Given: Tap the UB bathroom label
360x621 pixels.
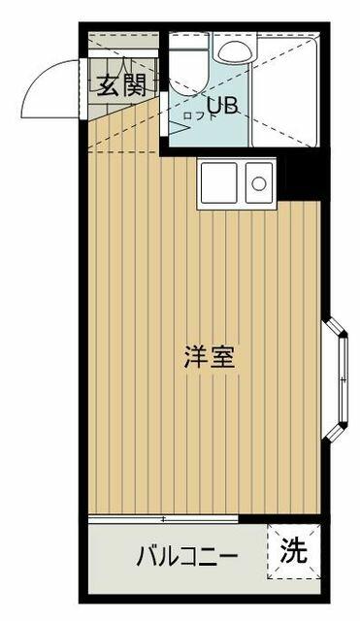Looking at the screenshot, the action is (x=222, y=106).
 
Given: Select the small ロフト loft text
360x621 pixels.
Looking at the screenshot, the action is (x=199, y=116).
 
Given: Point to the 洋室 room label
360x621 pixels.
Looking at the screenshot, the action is (x=210, y=356).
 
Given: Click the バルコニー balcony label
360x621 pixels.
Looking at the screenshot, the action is (x=187, y=557).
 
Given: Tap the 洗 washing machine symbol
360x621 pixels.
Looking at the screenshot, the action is (x=293, y=551).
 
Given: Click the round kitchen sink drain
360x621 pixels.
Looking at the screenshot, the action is (x=259, y=183).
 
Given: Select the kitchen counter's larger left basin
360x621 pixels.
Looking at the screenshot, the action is (x=219, y=182).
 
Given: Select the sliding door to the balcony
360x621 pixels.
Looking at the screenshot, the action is (x=163, y=519).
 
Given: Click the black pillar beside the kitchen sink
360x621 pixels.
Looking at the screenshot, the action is (x=302, y=177).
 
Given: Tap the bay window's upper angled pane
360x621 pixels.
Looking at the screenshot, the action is (x=334, y=327).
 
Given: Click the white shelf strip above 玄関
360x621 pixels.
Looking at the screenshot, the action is (x=123, y=54).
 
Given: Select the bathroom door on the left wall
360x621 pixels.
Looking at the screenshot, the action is (x=163, y=114).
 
